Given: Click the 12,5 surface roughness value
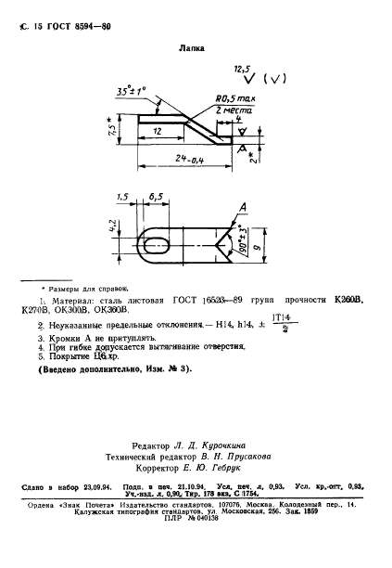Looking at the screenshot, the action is coord(243,69).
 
